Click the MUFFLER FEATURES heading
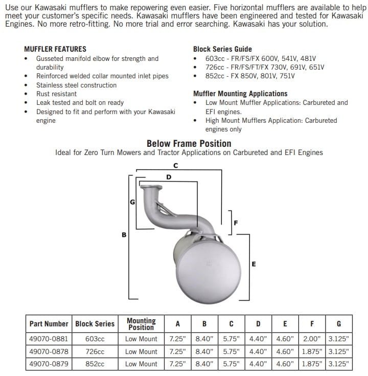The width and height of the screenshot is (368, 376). [55, 49]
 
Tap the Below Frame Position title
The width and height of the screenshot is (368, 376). [189, 144]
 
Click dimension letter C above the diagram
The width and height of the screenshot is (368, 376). [175, 165]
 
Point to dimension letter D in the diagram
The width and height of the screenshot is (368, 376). [169, 176]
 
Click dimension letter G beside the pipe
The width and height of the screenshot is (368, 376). [132, 202]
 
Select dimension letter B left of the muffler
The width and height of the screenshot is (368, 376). [124, 235]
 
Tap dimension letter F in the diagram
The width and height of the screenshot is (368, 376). [235, 223]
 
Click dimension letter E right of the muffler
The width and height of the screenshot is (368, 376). [254, 264]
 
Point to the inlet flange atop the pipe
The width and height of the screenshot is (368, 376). [150, 188]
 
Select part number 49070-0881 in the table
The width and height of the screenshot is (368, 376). [49, 339]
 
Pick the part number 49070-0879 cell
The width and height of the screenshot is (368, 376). [49, 364]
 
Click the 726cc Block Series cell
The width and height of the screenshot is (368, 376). [95, 351]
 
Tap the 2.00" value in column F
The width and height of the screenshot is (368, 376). [311, 339]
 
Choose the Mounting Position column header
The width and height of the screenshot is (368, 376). [141, 324]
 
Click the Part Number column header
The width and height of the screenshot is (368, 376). [49, 324]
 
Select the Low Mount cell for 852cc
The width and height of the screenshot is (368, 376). [141, 364]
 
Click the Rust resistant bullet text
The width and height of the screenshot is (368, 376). [56, 94]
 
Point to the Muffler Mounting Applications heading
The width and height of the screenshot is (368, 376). [240, 94]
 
